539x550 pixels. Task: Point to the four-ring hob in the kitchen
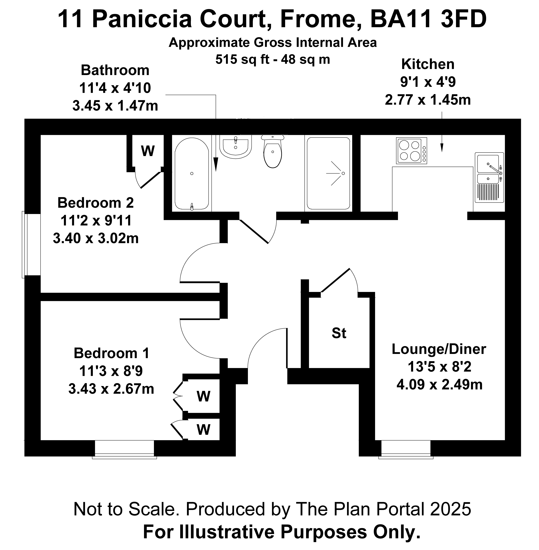tap(412, 151)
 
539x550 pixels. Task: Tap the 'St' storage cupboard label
tap(339, 333)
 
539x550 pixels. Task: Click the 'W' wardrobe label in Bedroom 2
tap(148, 151)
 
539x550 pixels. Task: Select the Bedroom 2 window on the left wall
tap(31, 244)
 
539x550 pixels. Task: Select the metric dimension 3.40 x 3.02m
tap(96, 238)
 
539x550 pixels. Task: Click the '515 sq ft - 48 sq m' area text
tap(273, 60)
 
